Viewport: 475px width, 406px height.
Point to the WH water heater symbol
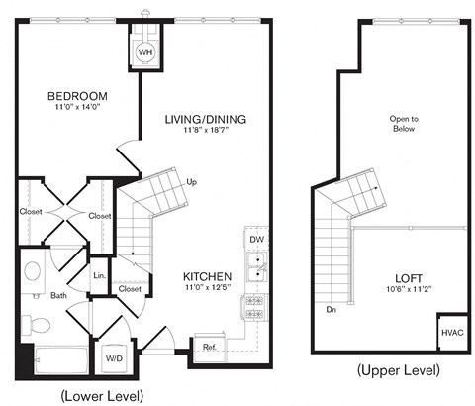point(144,51)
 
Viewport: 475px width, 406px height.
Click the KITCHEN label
point(207,276)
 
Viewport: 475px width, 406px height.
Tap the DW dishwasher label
point(256,240)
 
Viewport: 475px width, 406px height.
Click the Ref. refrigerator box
point(210,347)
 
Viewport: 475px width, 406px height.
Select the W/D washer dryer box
point(114,357)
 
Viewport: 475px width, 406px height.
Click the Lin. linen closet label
point(100,275)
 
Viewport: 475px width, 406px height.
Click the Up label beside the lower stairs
point(190,181)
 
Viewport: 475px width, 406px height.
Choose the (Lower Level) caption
point(102,394)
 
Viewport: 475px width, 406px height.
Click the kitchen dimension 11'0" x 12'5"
point(207,288)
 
